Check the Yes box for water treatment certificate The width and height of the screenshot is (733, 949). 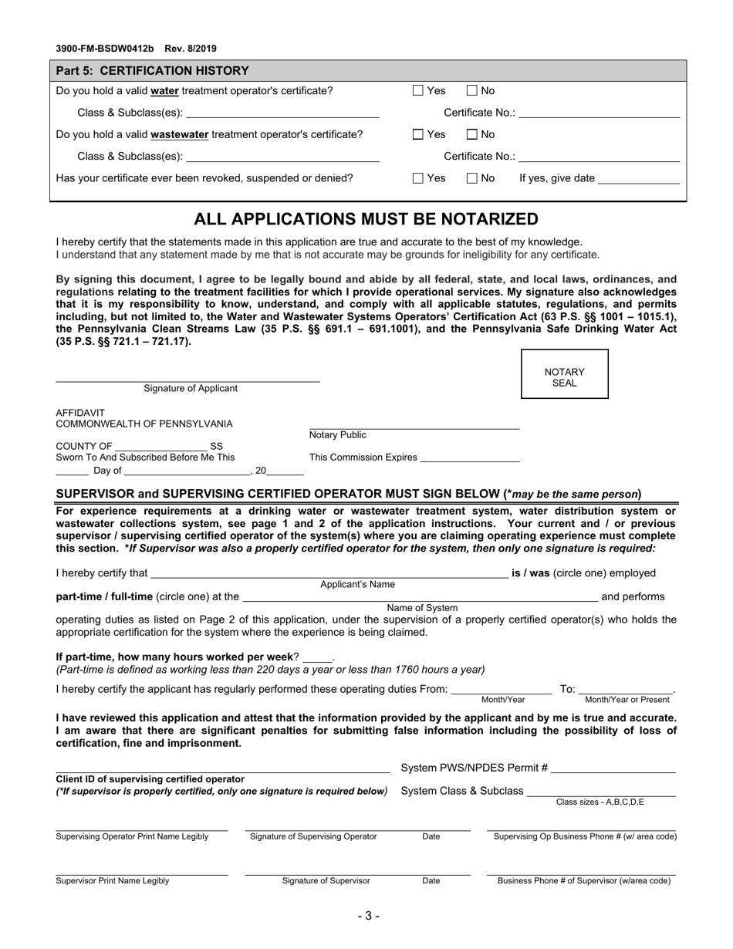tap(418, 91)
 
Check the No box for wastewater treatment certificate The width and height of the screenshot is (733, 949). tap(472, 135)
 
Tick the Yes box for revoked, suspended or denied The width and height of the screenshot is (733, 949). tap(418, 179)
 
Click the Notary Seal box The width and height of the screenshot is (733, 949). tap(565, 374)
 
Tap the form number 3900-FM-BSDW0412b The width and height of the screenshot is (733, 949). tap(105, 49)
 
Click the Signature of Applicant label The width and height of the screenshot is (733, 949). tap(191, 389)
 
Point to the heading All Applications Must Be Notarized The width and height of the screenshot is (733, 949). tap(366, 220)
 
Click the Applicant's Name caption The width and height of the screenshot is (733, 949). tap(357, 585)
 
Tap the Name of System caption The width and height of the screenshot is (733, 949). tap(422, 608)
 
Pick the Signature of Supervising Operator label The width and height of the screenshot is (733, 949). tap(313, 836)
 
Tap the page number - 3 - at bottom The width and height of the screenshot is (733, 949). tap(367, 917)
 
